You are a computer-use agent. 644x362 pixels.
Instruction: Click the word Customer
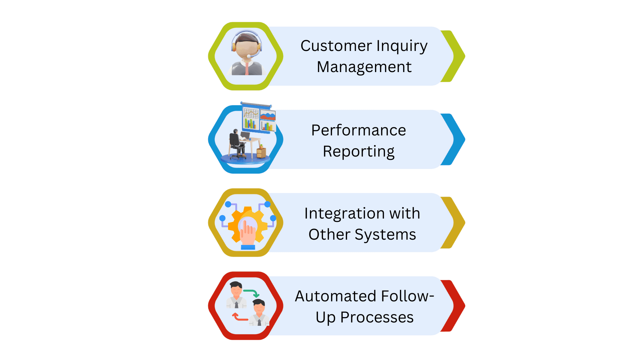(336, 46)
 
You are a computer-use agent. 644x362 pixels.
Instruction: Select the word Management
(364, 67)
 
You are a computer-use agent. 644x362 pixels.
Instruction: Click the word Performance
(359, 130)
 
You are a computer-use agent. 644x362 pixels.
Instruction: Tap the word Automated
(335, 296)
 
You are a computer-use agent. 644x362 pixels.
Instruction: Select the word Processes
(377, 317)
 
